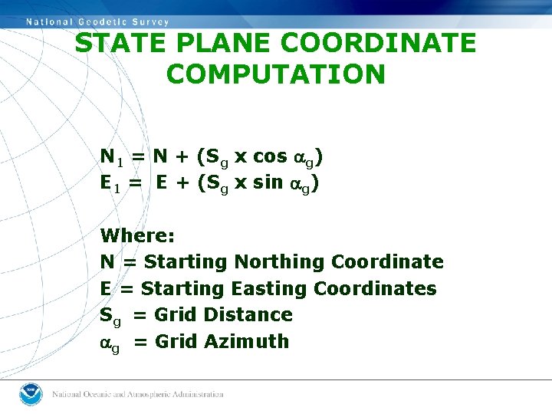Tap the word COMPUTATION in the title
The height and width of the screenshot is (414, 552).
coord(275,74)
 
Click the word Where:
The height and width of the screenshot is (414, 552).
coord(137,235)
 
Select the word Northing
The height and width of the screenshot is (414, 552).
coord(280,262)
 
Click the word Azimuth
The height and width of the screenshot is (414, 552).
coord(247,341)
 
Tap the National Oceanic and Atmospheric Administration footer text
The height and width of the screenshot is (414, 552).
coord(137,394)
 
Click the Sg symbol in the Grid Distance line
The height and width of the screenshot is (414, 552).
coord(110,316)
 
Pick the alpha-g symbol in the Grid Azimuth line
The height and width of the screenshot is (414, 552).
coord(110,343)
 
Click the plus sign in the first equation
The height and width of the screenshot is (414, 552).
coord(182,156)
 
